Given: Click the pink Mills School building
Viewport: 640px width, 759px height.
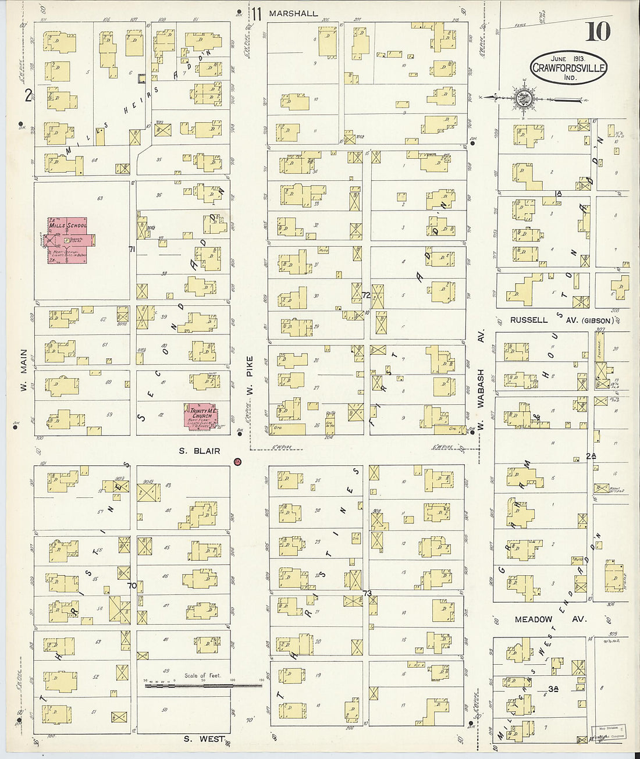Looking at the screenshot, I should (x=67, y=240).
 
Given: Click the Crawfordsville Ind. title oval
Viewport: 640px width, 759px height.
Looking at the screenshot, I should (x=568, y=67).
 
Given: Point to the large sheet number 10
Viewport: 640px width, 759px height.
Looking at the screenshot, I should (x=598, y=32).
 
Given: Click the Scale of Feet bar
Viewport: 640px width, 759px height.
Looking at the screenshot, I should (x=203, y=685).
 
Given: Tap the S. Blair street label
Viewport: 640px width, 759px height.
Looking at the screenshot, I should (x=199, y=451).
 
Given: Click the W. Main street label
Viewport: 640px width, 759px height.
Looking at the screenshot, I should (x=24, y=369).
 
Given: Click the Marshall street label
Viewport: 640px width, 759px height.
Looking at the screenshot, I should (x=294, y=13).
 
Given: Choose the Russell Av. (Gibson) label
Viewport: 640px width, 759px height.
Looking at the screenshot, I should (x=561, y=320).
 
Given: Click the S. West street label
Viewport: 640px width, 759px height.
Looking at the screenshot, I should (x=204, y=739).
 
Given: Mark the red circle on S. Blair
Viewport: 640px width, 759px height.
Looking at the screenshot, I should (x=237, y=462).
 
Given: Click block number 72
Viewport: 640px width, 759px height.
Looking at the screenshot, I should (x=366, y=295).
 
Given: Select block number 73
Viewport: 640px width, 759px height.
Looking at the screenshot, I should (x=367, y=593).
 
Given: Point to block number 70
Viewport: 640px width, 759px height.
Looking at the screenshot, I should (x=132, y=586).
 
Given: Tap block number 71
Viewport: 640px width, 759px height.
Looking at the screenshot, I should (x=132, y=250).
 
